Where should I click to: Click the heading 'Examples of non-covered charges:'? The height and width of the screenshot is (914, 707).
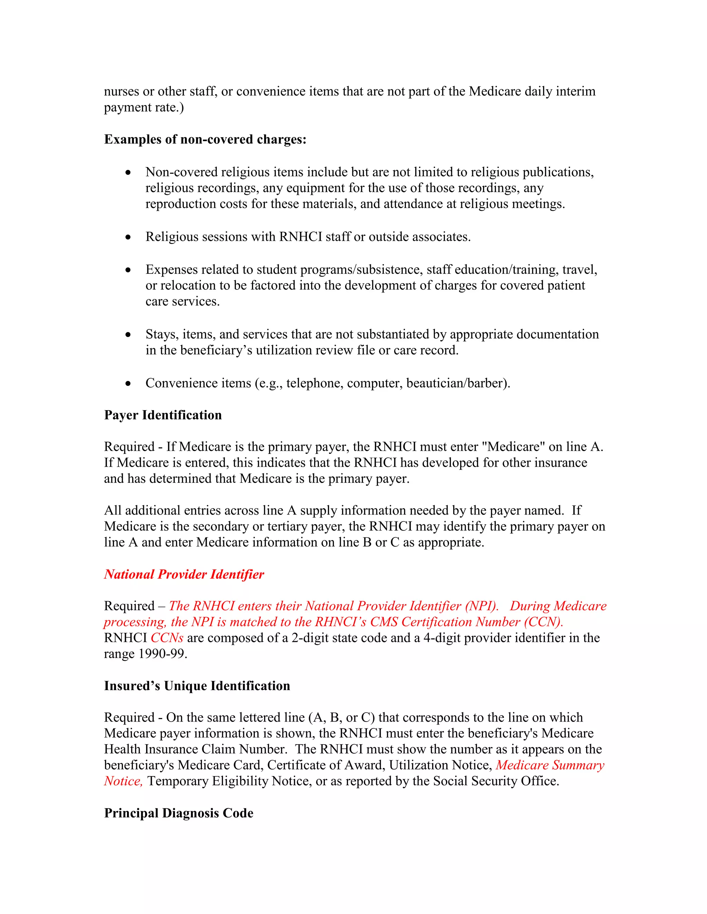coord(205,139)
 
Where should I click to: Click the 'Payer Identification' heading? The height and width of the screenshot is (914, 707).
coord(163,415)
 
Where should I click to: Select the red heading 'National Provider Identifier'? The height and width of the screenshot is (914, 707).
coord(184,574)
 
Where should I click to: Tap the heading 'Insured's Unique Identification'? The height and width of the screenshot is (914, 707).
coord(197,686)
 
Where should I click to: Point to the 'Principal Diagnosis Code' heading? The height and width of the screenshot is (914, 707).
coord(178,813)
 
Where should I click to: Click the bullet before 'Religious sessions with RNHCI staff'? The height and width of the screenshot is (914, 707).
coord(128,238)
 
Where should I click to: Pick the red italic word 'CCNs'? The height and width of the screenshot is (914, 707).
coord(167,638)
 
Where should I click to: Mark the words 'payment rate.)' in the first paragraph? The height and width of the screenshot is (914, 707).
coord(144,108)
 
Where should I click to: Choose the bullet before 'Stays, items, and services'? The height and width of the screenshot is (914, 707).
coord(128,335)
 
